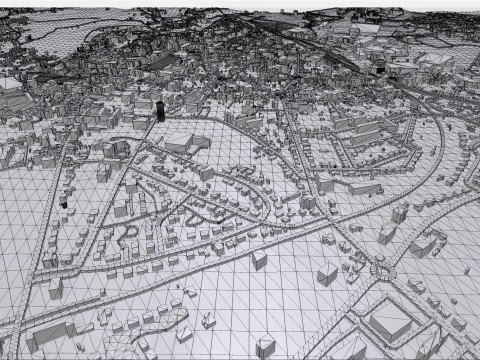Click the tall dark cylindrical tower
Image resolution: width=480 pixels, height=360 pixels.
(160, 108)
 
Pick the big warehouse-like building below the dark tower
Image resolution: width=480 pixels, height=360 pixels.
(186, 142)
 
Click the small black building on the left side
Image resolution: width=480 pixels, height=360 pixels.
(63, 200)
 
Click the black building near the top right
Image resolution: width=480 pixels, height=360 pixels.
(380, 68)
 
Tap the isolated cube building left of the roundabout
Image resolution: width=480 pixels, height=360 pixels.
(327, 274)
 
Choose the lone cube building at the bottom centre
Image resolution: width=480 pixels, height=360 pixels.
(265, 346)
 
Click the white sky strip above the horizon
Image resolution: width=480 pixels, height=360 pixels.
(240, 4)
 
